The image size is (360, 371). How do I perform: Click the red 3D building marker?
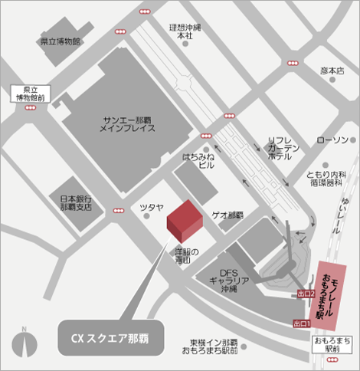click(x=185, y=222)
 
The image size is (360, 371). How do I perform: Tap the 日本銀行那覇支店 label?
click(x=76, y=203)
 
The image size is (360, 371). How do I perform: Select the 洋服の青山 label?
click(x=184, y=256)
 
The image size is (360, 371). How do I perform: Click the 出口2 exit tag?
click(x=304, y=294)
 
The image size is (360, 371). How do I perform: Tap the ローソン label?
click(x=332, y=140)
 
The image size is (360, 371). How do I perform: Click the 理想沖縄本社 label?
click(x=184, y=31)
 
